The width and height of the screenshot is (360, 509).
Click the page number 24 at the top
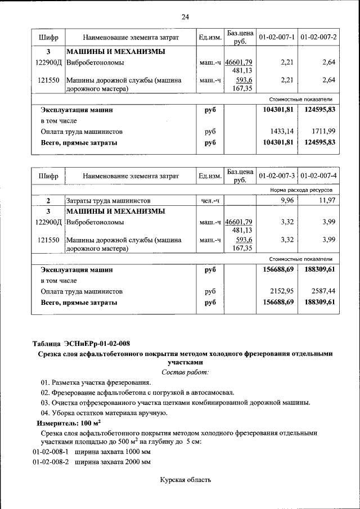pyautogui.click(x=185, y=17)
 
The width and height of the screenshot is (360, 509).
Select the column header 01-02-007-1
pyautogui.click(x=277, y=37)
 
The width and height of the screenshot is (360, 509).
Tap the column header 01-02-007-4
pyautogui.click(x=318, y=176)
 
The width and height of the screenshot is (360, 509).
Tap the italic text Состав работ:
pyautogui.click(x=185, y=372)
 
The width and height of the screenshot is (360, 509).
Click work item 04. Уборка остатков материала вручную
pyautogui.click(x=103, y=413)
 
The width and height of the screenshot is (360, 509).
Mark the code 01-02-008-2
pyautogui.click(x=51, y=462)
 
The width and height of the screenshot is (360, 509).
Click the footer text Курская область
pyautogui.click(x=185, y=480)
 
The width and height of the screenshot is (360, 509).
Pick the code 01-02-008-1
pyautogui.click(x=51, y=452)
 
